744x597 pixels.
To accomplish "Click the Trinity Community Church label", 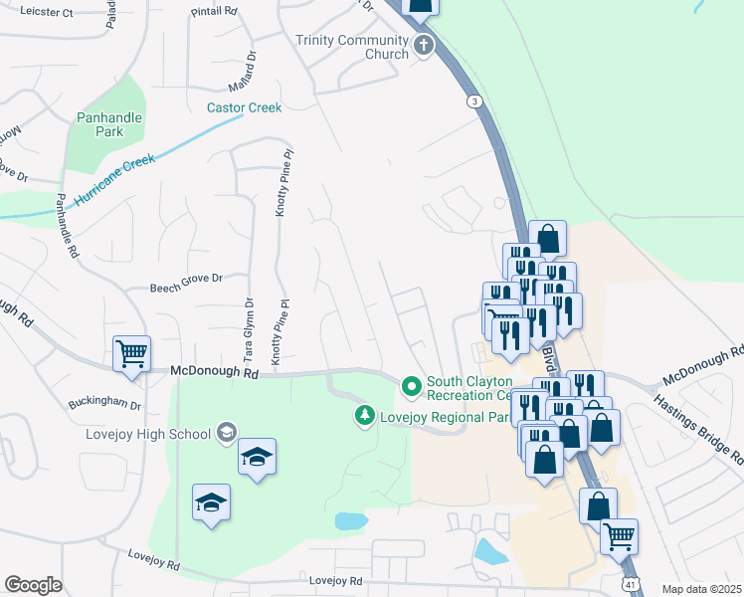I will [352, 47].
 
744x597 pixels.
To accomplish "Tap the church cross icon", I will [424, 45].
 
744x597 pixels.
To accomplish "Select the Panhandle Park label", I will [109, 124].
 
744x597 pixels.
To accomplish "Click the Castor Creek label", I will [244, 107].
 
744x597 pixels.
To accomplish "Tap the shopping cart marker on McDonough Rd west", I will [131, 353].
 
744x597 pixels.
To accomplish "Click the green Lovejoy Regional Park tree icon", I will [366, 415].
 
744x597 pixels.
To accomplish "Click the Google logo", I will [33, 585].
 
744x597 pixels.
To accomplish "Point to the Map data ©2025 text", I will [701, 588].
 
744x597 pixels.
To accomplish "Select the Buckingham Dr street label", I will [104, 405].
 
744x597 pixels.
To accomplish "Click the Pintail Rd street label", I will [216, 11].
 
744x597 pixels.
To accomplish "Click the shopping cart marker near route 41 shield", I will [619, 537].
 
